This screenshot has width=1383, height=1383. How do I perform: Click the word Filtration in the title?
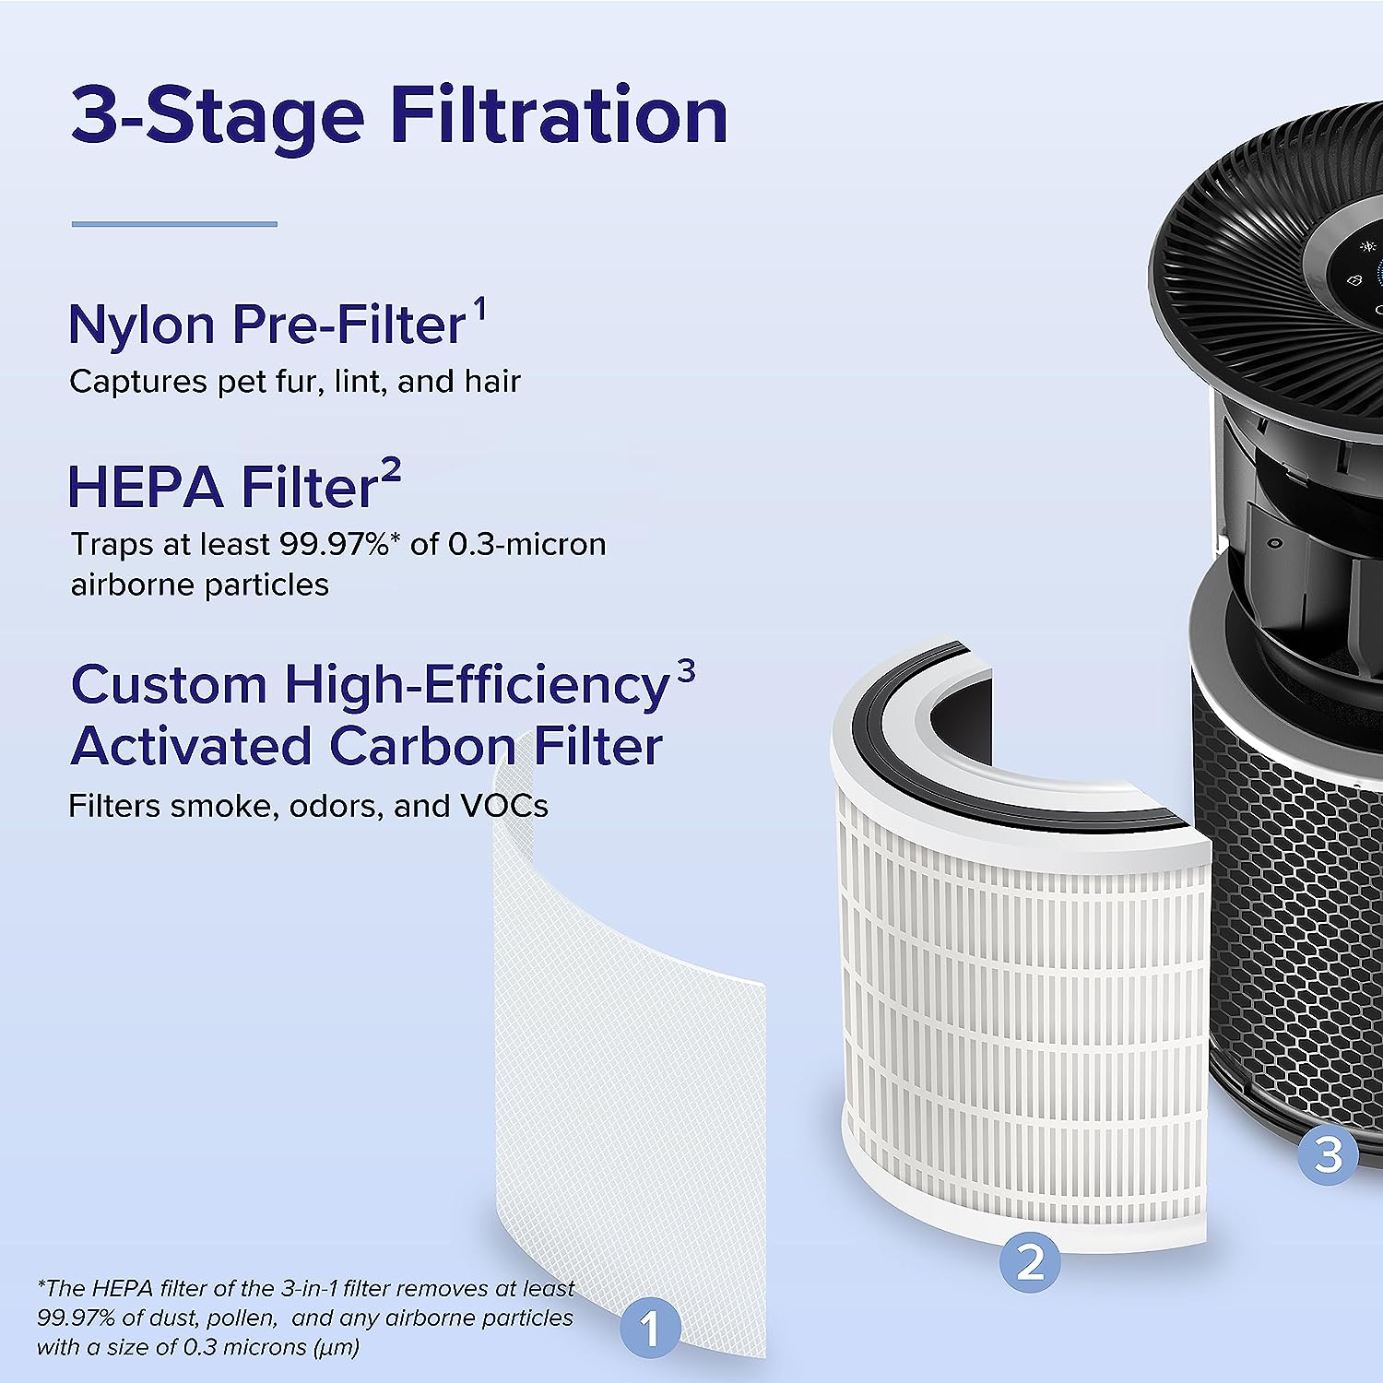coord(559,115)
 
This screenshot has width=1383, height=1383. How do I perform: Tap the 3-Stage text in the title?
coord(218,117)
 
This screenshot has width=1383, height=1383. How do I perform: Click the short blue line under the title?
coord(174,224)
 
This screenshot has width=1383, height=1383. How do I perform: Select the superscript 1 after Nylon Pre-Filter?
coord(479,308)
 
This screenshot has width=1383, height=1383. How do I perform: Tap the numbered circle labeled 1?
coord(650,1329)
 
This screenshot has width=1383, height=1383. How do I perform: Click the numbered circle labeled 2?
coord(1031,1262)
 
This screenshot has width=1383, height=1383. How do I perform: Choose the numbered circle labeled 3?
coord(1328,1153)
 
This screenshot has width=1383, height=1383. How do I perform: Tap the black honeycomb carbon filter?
coord(1291,922)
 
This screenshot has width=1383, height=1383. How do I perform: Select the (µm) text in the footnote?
coord(337,1347)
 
